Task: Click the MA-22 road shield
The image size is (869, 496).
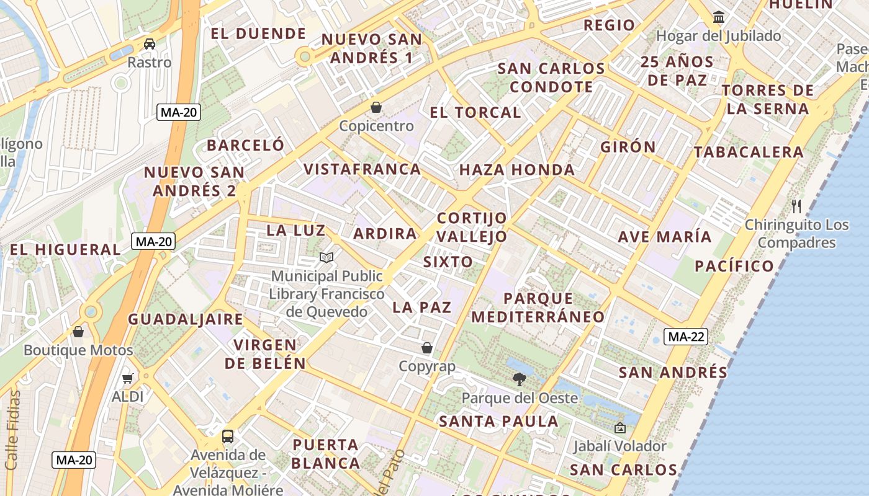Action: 685,337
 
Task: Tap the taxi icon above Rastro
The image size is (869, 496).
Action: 150,44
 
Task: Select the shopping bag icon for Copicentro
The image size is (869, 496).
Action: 376,108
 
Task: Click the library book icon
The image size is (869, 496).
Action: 326,257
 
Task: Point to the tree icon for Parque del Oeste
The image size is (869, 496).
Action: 519,379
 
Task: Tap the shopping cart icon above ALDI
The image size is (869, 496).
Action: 128,378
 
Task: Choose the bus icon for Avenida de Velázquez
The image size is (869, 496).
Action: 228,436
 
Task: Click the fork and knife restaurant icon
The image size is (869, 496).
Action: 796,206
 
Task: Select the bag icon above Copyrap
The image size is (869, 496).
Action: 427,348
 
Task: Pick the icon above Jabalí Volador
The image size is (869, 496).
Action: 619,428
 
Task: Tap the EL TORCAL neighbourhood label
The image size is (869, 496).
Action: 475,113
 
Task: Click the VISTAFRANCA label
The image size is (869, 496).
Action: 362,169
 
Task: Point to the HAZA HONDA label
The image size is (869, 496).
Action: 517,170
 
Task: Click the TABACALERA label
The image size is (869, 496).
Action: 749,152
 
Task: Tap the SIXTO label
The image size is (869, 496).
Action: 448,262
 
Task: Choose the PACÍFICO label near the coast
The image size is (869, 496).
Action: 734,267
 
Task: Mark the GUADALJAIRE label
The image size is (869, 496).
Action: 186,320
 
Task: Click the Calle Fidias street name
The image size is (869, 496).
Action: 12,430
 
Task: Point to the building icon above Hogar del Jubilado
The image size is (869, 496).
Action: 719,17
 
